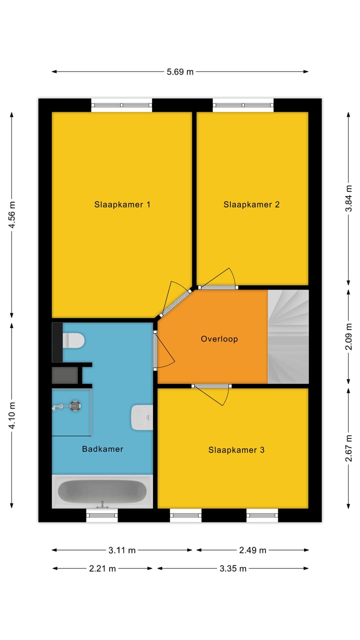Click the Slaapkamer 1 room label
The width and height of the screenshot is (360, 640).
click(122, 204)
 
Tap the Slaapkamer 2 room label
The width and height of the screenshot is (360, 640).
click(251, 204)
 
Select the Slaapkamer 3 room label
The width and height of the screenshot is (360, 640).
click(236, 450)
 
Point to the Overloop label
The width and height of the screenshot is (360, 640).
click(219, 339)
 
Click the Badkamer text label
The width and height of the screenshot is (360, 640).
click(102, 449)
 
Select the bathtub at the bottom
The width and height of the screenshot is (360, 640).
click(102, 491)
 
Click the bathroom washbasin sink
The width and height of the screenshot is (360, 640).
click(141, 417)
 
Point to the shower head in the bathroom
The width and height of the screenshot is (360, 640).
click(75, 406)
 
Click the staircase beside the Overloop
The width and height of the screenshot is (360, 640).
click(288, 336)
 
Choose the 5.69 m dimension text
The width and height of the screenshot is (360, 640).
click(180, 71)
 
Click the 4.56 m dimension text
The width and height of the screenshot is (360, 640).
click(12, 215)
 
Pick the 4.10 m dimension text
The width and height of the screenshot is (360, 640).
click(12, 415)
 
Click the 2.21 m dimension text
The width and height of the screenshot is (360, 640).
click(102, 568)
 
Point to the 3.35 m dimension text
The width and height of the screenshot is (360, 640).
click(233, 568)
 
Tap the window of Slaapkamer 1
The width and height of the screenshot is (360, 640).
click(121, 105)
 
